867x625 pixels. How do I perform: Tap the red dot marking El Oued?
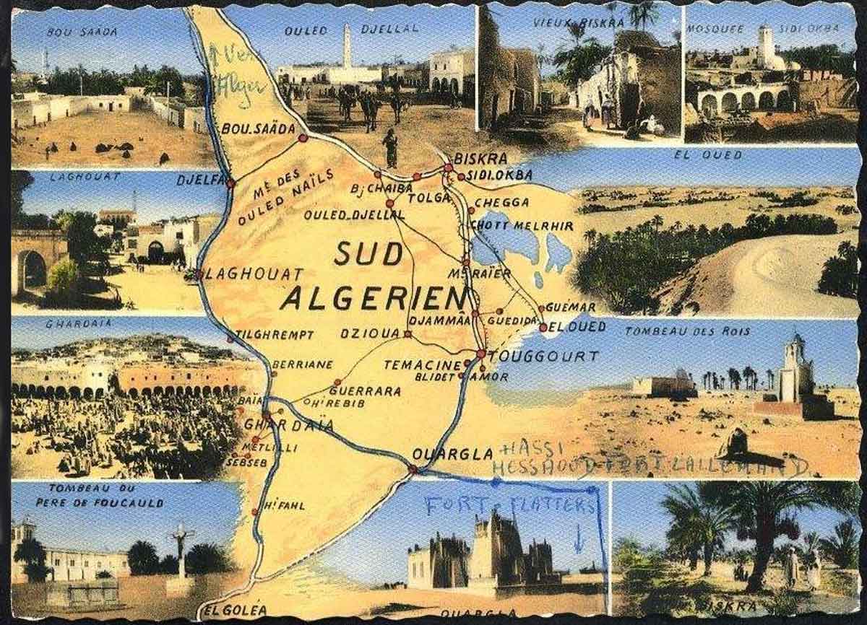pyautogui.click(x=543, y=328)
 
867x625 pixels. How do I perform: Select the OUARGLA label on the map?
pyautogui.click(x=452, y=454)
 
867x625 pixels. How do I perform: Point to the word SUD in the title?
pyautogui.click(x=368, y=253)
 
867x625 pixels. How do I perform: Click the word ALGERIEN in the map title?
pyautogui.click(x=374, y=297)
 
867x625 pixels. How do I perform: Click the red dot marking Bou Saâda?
pyautogui.click(x=303, y=137)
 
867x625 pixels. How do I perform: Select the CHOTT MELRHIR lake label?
pyautogui.click(x=522, y=226)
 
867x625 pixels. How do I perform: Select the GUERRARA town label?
pyautogui.click(x=374, y=390)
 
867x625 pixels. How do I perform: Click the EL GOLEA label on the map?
pyautogui.click(x=236, y=611)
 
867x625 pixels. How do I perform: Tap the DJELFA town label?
pyautogui.click(x=202, y=180)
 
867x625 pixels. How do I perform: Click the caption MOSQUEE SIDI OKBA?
pyautogui.click(x=762, y=28)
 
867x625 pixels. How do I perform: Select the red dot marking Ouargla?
pyautogui.click(x=413, y=469)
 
